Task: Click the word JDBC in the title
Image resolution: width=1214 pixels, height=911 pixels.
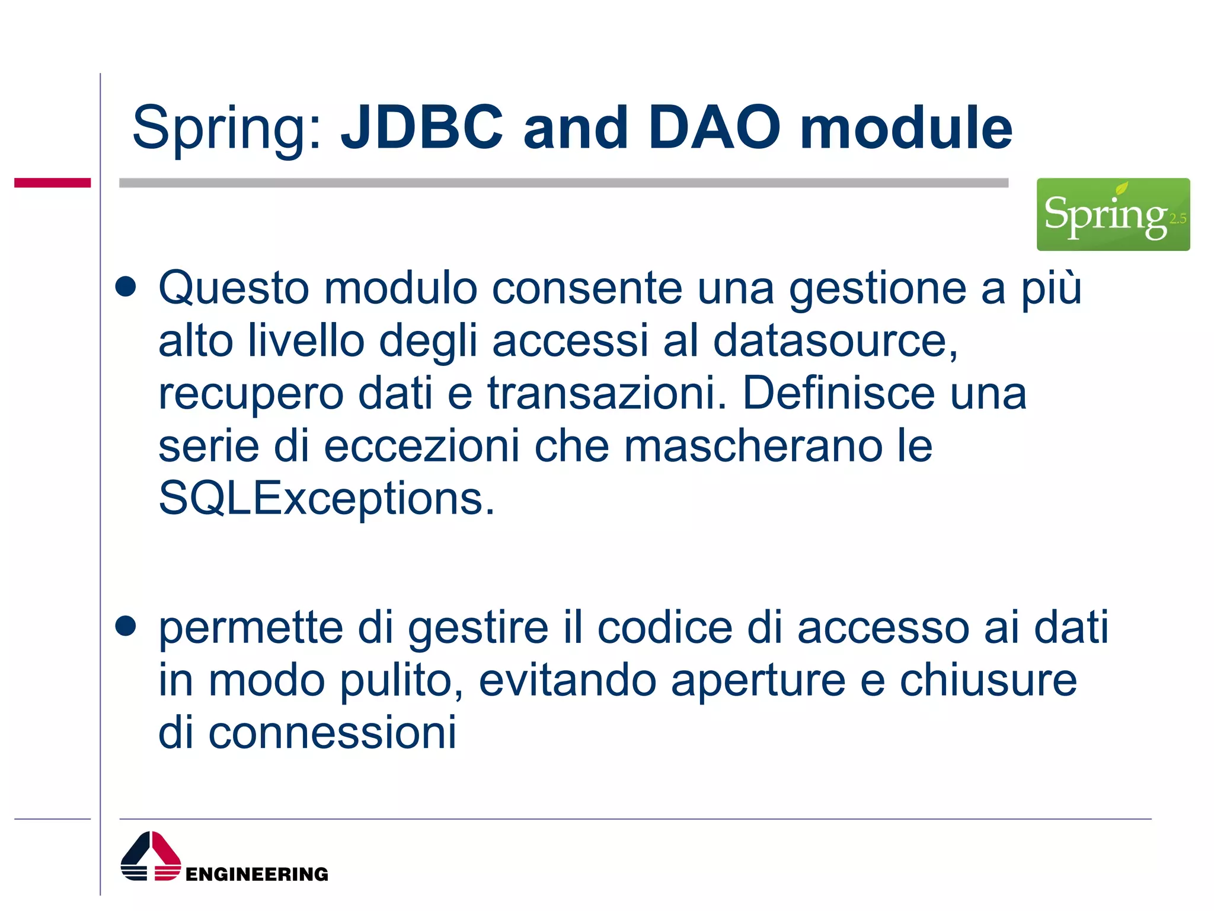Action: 422,128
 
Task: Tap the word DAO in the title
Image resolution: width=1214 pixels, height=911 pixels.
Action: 714,128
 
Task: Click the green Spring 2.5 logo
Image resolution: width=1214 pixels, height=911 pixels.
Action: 1113,215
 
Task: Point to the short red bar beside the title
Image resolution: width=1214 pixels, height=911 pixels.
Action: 52,183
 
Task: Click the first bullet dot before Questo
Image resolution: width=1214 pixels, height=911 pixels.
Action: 126,288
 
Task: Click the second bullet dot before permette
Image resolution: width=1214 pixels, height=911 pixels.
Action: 126,626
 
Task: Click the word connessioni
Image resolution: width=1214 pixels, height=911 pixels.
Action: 332,732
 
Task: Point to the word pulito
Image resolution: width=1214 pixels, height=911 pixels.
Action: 401,681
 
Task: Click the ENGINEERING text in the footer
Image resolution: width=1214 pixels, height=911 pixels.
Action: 257,874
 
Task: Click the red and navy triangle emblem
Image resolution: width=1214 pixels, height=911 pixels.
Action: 151,857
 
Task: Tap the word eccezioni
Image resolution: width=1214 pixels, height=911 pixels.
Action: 421,446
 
